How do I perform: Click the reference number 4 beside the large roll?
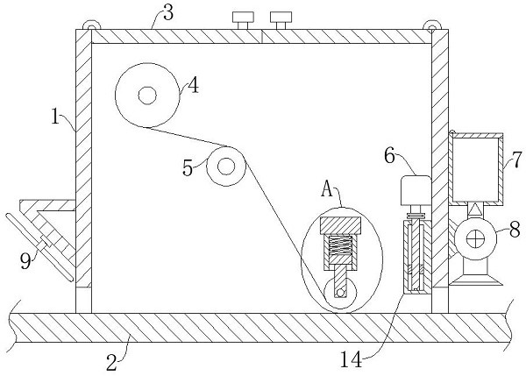coord(192,86)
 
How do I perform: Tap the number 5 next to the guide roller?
coord(188,167)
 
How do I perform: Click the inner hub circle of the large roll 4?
coord(146,94)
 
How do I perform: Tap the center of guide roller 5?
coord(225,165)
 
